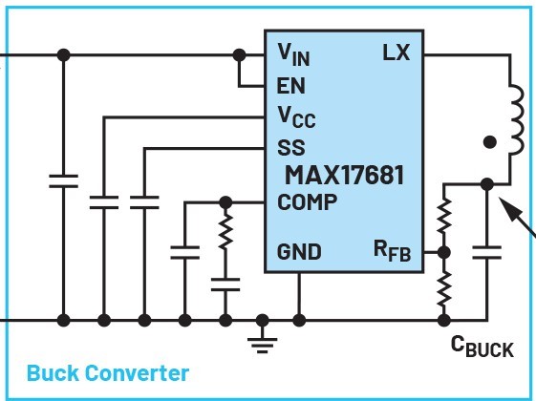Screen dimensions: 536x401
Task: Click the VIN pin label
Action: click(x=293, y=54)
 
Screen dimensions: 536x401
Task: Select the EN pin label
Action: click(x=290, y=86)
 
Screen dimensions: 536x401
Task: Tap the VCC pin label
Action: click(x=296, y=117)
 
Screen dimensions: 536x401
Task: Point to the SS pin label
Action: click(x=290, y=148)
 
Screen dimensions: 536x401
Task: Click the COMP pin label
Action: click(x=307, y=201)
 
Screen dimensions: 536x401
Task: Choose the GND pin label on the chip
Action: click(x=299, y=252)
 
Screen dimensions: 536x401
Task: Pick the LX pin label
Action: click(x=396, y=53)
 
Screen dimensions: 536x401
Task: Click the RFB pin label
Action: click(x=392, y=251)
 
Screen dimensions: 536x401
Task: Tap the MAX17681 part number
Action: click(x=344, y=175)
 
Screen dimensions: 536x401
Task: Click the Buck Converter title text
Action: click(x=108, y=373)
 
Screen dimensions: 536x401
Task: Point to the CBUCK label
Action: click(x=482, y=346)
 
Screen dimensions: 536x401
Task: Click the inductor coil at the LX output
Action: click(x=516, y=120)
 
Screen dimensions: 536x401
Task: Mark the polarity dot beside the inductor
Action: click(x=490, y=142)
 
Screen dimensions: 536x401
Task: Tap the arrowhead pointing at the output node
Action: click(x=507, y=206)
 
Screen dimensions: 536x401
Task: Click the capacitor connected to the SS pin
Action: click(x=144, y=202)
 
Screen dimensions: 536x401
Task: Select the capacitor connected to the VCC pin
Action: click(x=104, y=202)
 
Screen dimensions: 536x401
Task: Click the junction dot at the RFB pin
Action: click(x=443, y=252)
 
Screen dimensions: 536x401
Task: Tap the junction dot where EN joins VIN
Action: click(x=239, y=54)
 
